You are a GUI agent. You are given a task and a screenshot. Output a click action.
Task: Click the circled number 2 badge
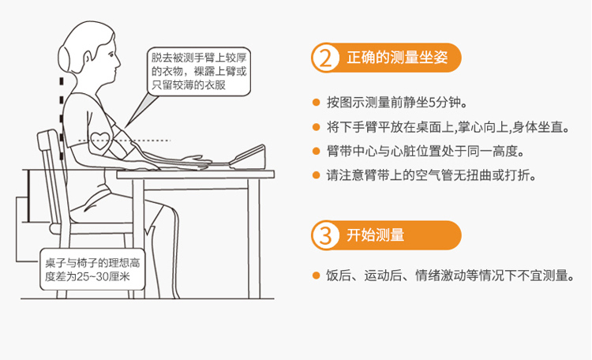coord(324,58)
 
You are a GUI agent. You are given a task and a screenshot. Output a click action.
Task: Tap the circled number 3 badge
coord(324,235)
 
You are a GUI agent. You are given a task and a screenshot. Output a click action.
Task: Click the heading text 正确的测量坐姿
coord(397,58)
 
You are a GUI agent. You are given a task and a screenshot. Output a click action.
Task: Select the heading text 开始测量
coord(375,235)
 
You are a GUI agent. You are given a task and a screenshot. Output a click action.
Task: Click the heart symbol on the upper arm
coord(100,141)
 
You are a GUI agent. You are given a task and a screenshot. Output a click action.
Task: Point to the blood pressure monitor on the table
coord(247,157)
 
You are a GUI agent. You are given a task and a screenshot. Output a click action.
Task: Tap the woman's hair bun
coord(64,58)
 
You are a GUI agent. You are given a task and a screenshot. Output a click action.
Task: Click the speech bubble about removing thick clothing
coord(199,71)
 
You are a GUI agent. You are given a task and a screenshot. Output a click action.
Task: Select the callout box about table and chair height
coord(92,269)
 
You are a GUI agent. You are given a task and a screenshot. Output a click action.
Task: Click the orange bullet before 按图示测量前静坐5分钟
coord(317,103)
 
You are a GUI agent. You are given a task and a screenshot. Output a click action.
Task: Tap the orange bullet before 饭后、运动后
coord(317,276)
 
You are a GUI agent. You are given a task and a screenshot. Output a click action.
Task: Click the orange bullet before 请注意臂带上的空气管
coord(317,175)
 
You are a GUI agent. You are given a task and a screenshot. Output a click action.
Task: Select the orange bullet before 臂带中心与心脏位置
coord(317,151)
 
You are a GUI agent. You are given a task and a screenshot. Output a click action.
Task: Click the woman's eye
coord(111,54)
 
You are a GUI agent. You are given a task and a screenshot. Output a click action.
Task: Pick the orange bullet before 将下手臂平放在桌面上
coord(317,127)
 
